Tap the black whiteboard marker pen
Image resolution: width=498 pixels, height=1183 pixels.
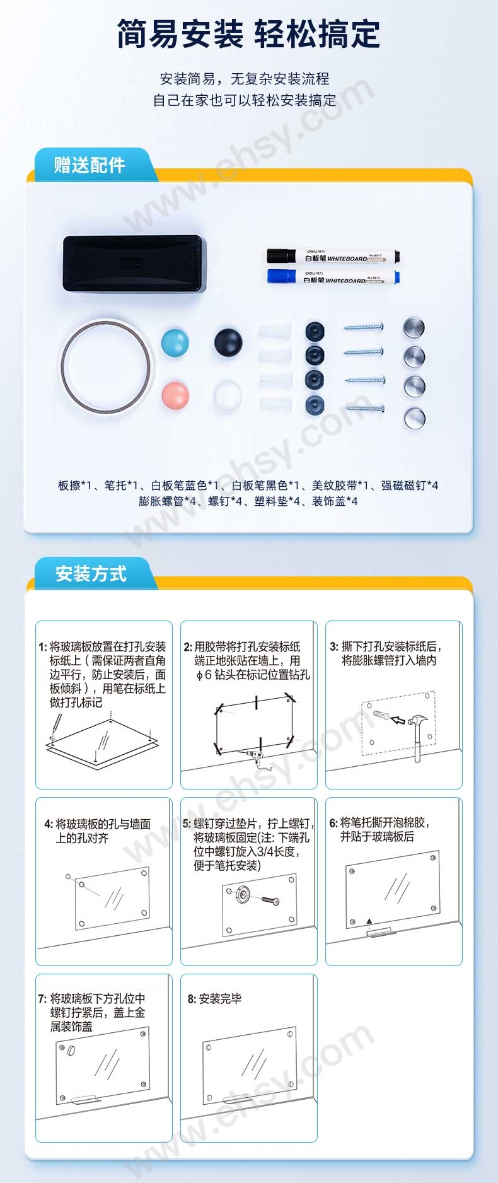333,257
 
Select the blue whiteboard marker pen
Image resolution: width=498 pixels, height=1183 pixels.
333,277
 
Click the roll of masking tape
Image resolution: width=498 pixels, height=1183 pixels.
106,367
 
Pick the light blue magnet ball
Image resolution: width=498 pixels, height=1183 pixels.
175,342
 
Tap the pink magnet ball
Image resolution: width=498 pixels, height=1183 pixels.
175,395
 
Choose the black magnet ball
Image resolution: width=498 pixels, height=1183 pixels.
228,342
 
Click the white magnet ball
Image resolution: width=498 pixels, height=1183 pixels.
228,395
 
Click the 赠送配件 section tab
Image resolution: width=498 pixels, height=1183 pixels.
91,165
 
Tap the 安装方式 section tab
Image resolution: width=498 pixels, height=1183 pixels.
91,574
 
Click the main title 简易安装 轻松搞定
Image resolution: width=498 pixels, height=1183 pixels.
248,35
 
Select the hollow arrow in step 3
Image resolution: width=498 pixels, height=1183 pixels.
398,719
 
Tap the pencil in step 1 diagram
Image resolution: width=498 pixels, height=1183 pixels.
55,726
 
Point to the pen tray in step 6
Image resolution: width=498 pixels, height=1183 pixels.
381,931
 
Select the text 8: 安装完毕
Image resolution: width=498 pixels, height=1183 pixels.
214,999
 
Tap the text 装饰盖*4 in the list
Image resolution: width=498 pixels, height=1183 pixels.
335,501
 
